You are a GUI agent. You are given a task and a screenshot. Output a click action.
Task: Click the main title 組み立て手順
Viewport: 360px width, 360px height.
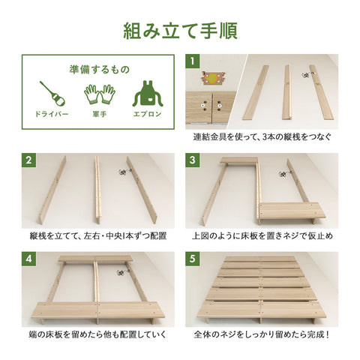[x=180, y=31]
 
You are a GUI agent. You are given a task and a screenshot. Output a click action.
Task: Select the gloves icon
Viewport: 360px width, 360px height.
[x=100, y=94]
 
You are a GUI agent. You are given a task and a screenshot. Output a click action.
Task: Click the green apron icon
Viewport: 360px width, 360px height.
[x=148, y=93]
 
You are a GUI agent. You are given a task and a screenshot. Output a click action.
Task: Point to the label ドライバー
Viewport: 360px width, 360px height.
[x=52, y=115]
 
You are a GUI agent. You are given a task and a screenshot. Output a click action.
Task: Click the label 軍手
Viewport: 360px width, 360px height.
[x=100, y=115]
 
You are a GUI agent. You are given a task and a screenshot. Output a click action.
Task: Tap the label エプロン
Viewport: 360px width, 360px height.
[x=147, y=115]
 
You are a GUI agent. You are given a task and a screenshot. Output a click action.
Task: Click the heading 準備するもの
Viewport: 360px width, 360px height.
[x=100, y=70]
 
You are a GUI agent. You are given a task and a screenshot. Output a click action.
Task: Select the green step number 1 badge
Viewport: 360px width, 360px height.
[x=192, y=61]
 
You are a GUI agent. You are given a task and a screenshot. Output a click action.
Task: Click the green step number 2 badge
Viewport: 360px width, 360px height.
[x=28, y=160]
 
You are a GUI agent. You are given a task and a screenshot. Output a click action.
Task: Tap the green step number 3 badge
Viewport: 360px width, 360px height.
[x=192, y=160]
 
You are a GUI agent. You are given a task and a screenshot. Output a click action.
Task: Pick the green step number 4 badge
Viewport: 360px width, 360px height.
[x=28, y=259]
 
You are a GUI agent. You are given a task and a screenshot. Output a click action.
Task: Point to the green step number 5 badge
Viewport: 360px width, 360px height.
[x=192, y=259]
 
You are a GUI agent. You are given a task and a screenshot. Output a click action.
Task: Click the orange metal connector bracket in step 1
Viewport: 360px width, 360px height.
[x=212, y=78]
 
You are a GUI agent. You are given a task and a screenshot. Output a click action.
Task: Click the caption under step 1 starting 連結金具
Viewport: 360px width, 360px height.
[x=262, y=137]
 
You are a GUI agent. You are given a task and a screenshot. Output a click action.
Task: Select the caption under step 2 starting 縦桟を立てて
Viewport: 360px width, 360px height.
[x=98, y=235]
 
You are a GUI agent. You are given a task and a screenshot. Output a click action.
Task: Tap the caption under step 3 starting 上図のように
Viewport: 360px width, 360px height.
[x=262, y=235]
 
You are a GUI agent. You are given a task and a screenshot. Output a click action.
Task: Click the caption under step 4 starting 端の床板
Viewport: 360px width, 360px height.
[x=97, y=334]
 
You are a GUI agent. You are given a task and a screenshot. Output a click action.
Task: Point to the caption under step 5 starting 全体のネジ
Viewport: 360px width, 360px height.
[x=262, y=334]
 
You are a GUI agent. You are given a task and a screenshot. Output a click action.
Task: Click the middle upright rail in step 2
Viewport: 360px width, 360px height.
[x=97, y=190]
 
